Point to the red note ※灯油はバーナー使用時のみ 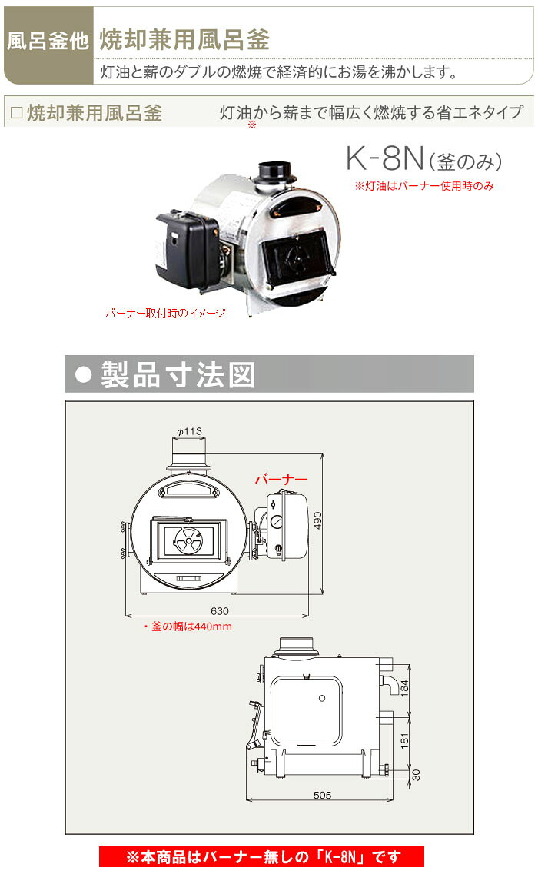tap(423, 186)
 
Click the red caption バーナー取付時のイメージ tap(165, 314)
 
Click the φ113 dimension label tap(189, 432)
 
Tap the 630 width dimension tap(221, 610)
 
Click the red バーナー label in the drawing tap(281, 479)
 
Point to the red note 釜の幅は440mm tap(188, 626)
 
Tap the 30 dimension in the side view tap(416, 775)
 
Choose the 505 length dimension tap(323, 796)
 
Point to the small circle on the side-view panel tap(322, 698)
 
